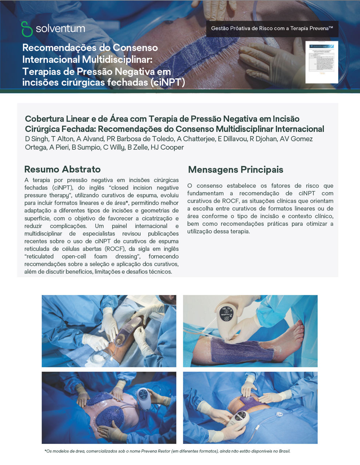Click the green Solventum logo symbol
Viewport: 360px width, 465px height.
pyautogui.click(x=27, y=29)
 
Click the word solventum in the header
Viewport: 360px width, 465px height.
pyautogui.click(x=60, y=28)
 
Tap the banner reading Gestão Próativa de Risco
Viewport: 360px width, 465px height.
pyautogui.click(x=272, y=28)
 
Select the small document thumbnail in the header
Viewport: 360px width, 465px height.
pyautogui.click(x=321, y=62)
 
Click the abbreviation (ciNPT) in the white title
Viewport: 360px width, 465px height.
pyautogui.click(x=168, y=82)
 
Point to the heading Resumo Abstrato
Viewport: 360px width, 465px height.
pyautogui.click(x=62, y=169)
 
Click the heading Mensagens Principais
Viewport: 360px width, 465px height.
pyautogui.click(x=235, y=170)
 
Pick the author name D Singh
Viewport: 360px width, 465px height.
pyautogui.click(x=37, y=139)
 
